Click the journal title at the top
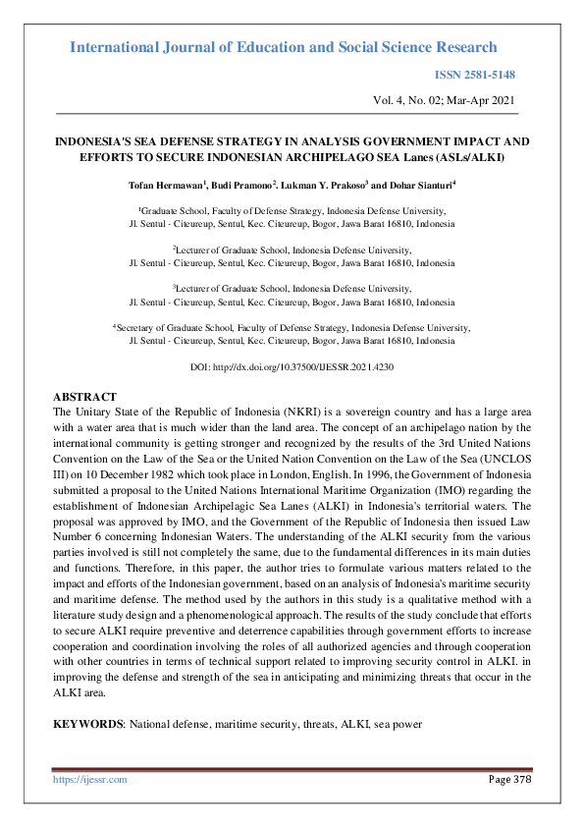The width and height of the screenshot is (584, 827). click(285, 47)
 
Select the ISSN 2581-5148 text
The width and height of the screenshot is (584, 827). click(475, 75)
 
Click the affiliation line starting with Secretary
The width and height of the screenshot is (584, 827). click(292, 327)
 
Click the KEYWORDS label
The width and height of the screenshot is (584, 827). click(89, 724)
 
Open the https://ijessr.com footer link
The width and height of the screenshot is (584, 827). click(89, 779)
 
